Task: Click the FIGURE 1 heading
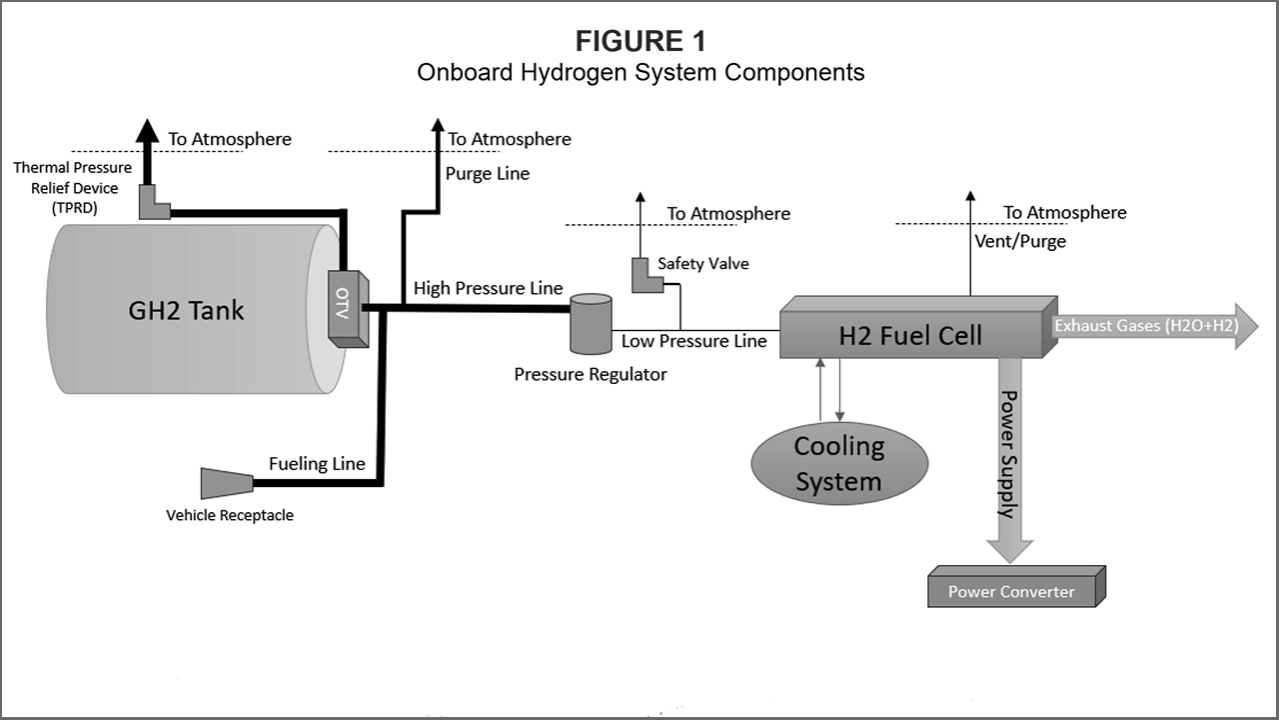640,42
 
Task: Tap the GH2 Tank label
186,310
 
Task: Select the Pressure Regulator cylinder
591,323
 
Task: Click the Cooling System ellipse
839,463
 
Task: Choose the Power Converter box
1012,590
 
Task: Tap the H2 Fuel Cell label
910,335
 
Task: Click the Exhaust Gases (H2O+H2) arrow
1154,326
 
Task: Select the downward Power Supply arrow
1010,460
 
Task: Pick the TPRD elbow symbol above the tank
155,202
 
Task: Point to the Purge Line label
489,173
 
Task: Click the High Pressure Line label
489,288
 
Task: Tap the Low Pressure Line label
693,341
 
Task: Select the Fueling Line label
317,463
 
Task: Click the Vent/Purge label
1020,241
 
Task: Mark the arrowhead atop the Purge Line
438,126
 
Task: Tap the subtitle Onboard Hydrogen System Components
640,73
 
